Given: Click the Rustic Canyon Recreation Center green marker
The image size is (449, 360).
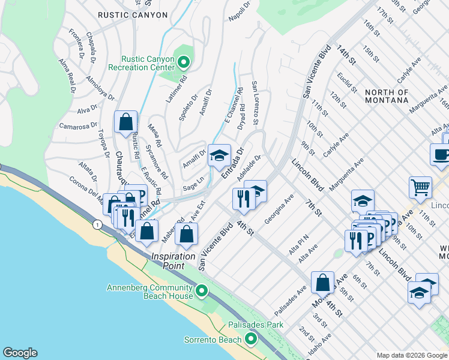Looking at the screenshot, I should click(x=185, y=61).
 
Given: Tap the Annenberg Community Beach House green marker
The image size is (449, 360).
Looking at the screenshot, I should click(x=202, y=292).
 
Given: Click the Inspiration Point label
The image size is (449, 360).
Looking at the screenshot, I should click(x=173, y=256).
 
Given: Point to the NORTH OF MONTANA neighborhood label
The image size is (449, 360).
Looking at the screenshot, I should click(x=387, y=96).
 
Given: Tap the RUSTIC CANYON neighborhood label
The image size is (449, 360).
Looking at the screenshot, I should click(x=132, y=15).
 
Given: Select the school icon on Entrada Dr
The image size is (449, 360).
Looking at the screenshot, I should click(x=219, y=156).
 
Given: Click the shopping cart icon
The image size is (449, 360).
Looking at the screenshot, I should click(x=420, y=187).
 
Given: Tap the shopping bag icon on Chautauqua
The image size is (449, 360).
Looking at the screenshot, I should click(x=126, y=122).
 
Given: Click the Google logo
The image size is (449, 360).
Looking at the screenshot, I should click(x=20, y=353).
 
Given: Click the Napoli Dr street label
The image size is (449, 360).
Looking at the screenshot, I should click(x=239, y=11).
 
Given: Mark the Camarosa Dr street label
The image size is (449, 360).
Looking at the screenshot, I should click(x=78, y=126).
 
